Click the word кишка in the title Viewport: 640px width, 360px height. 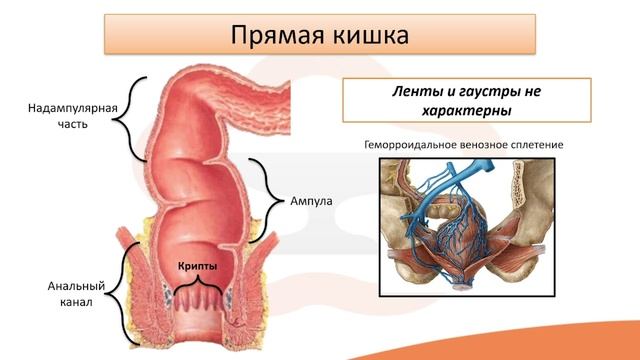pos(371,35)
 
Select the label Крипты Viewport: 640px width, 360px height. pos(197,266)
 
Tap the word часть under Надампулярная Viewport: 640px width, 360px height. pos(44,125)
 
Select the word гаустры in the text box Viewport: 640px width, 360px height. pos(497,91)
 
